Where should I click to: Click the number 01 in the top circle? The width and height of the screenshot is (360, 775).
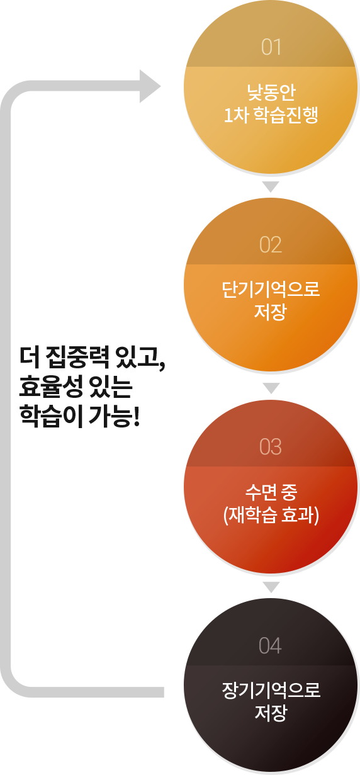(271, 47)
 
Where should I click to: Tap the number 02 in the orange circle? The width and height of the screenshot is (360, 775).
(271, 245)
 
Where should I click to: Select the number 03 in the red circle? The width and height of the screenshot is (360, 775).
(271, 446)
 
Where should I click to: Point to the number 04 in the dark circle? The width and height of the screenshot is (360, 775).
(270, 645)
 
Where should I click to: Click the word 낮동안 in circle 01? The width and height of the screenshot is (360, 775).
(271, 92)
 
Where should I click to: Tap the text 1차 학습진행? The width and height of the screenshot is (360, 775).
(271, 115)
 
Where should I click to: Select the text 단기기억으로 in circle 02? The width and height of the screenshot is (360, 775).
(271, 289)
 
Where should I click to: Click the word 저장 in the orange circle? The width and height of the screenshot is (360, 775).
(271, 312)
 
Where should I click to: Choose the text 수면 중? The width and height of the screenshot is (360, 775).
(271, 492)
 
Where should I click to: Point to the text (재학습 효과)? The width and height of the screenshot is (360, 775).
(271, 515)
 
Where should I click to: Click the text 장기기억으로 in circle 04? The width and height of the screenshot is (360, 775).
(271, 690)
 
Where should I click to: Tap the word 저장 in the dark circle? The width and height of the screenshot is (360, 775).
(271, 713)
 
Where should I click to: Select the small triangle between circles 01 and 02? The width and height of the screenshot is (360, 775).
(271, 186)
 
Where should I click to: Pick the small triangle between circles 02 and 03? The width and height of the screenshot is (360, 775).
(271, 388)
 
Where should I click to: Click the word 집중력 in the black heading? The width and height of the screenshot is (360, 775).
(77, 358)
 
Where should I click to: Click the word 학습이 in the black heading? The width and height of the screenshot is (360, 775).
(51, 416)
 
